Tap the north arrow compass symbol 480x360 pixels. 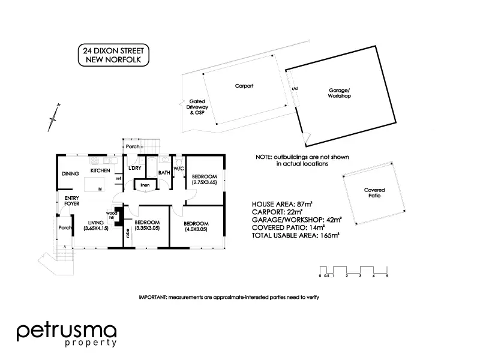(x=54, y=118)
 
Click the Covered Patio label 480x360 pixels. (x=374, y=193)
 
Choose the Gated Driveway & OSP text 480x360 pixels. (x=198, y=107)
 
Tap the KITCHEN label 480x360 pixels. (x=100, y=171)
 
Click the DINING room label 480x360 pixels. (x=71, y=174)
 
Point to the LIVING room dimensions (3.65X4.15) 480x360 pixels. (x=95, y=229)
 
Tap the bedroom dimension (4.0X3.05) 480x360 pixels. (x=196, y=229)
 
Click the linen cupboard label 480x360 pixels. (x=145, y=185)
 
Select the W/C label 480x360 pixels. (x=179, y=169)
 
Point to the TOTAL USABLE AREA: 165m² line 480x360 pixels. (x=296, y=236)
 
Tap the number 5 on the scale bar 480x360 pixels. (x=387, y=276)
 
